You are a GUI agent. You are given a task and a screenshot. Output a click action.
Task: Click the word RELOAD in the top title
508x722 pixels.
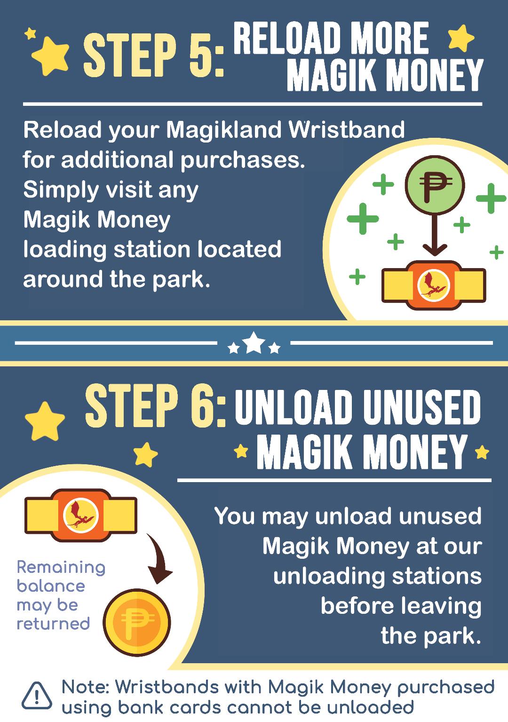pyautogui.click(x=287, y=38)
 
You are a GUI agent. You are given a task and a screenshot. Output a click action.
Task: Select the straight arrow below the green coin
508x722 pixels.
pyautogui.click(x=435, y=235)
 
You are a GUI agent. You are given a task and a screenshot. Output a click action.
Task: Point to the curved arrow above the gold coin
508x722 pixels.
pyautogui.click(x=161, y=557)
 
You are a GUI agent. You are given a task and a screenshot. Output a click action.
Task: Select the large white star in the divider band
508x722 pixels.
pyautogui.click(x=254, y=342)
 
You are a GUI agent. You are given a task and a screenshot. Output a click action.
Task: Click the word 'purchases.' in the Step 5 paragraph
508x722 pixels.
pyautogui.click(x=243, y=160)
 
